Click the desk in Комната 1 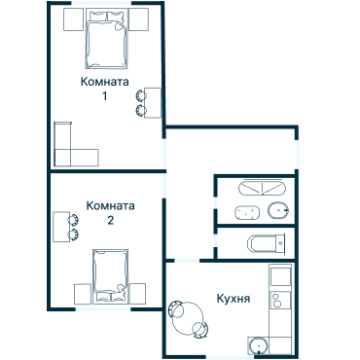click(154, 101)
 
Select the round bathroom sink click(280, 210)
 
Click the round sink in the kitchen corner click(260, 344)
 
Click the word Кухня click(234, 299)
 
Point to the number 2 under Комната click(110, 221)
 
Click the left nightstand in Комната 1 click(70, 18)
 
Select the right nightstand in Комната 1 click(139, 18)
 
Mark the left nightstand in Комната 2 click(80, 293)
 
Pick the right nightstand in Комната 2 click(137, 293)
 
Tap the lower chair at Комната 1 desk click(141, 109)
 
